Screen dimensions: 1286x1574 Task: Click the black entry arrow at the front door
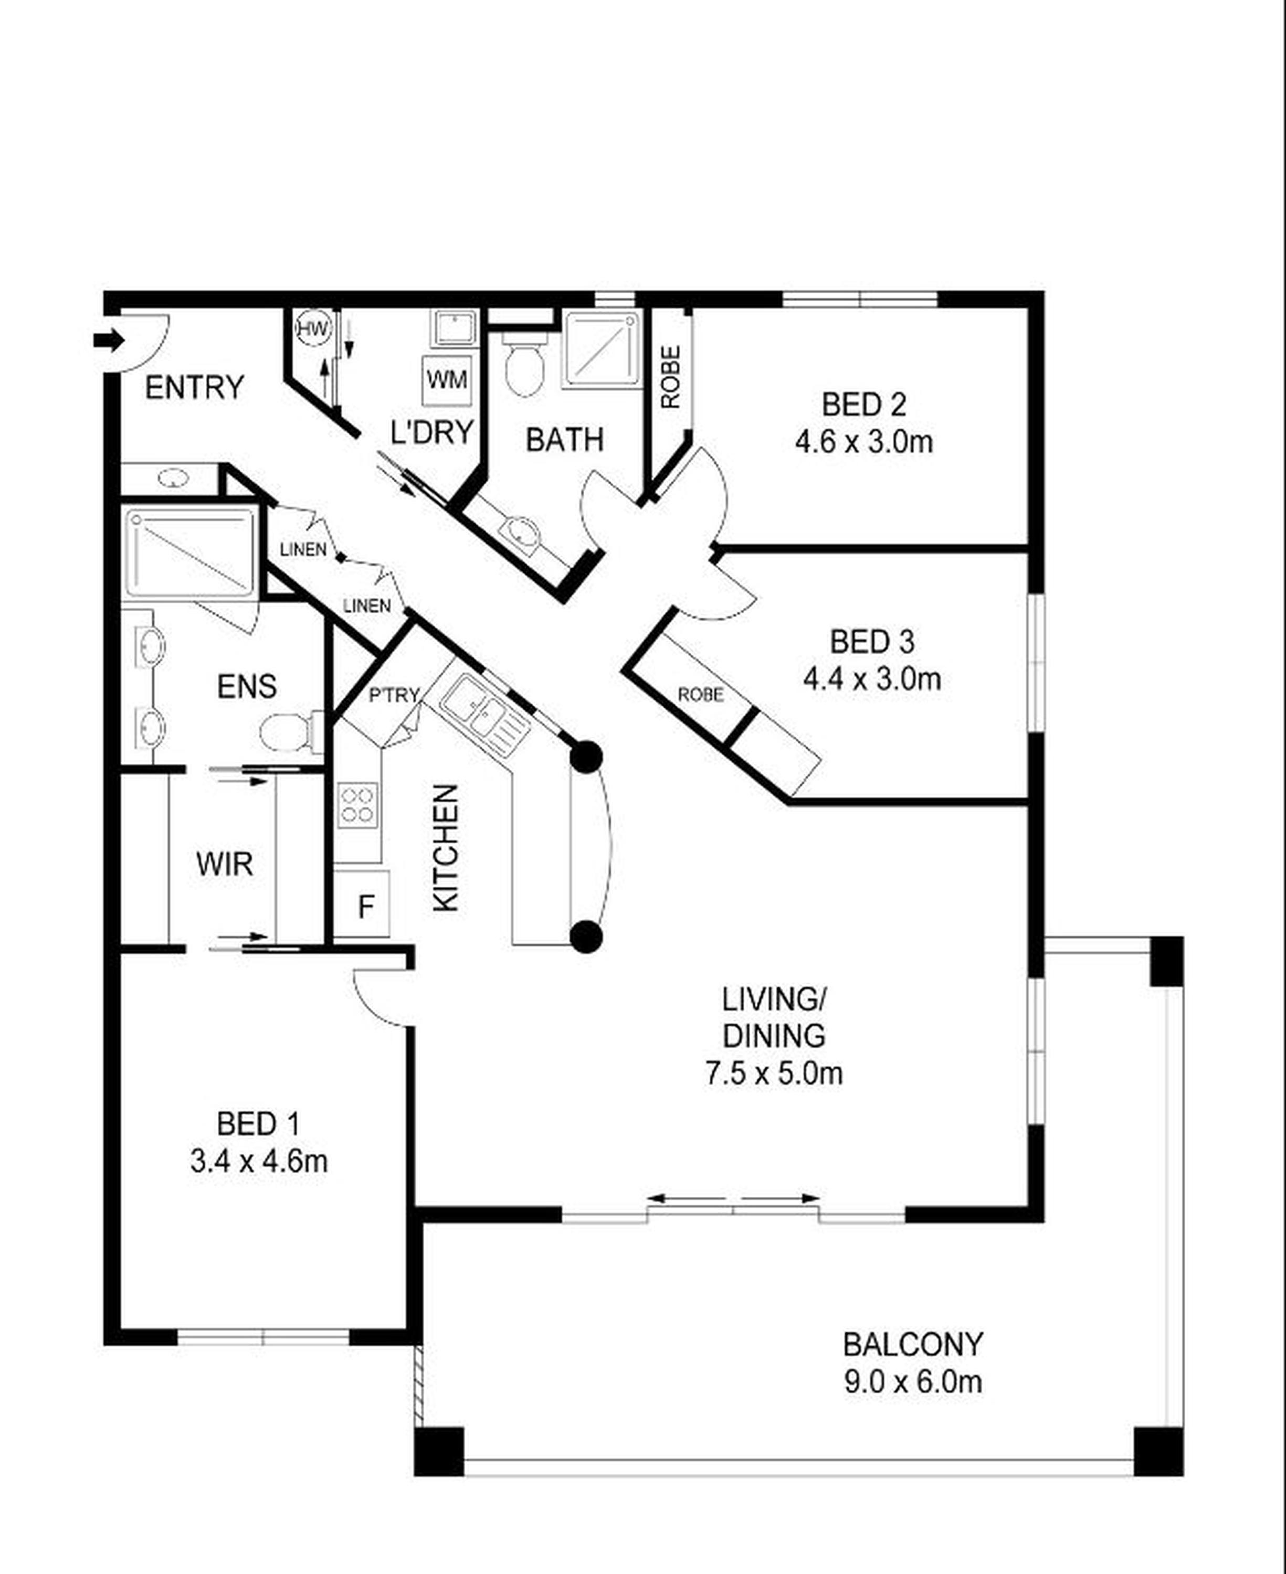tap(109, 341)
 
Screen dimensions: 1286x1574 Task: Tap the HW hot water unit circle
tap(313, 329)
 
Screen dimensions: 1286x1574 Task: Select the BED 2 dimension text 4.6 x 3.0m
tap(864, 443)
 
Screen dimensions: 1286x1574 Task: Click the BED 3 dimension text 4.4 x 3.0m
tap(872, 679)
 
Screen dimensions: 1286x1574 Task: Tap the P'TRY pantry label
tap(394, 695)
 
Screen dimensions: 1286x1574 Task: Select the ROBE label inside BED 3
tap(701, 695)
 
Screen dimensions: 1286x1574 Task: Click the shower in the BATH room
tap(602, 349)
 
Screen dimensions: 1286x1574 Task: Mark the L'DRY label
tap(432, 432)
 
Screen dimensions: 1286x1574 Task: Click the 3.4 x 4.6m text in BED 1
tap(259, 1162)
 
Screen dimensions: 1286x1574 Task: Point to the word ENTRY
tap(194, 387)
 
